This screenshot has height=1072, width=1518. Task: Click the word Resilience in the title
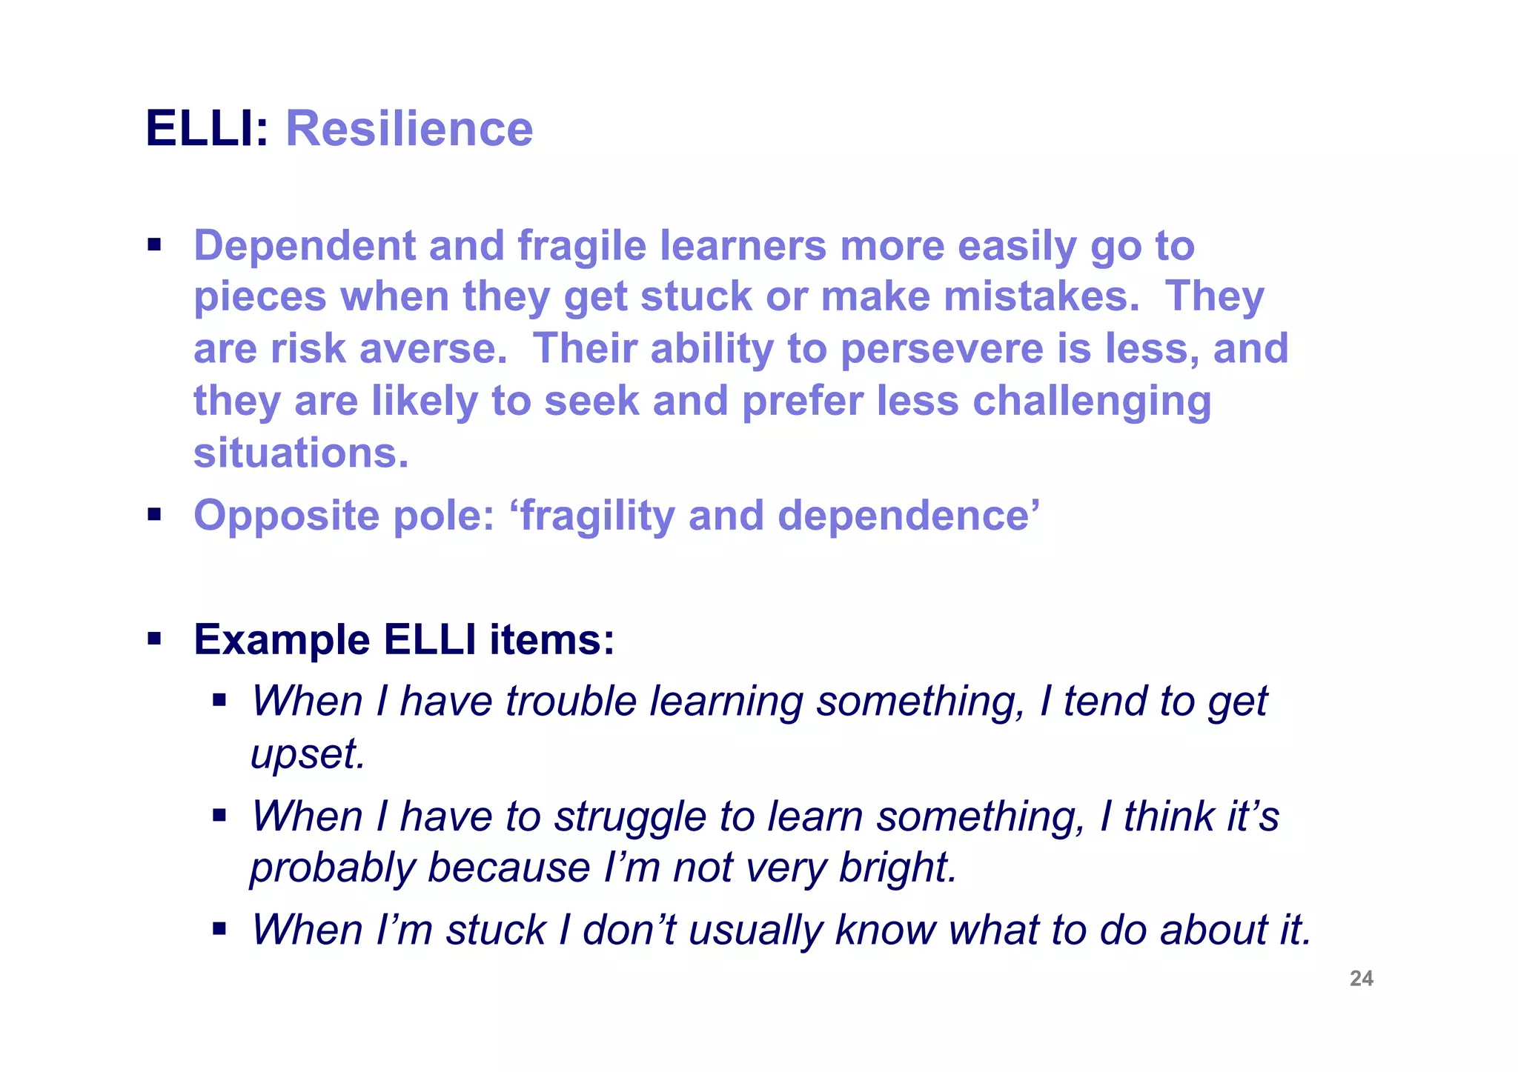[408, 129]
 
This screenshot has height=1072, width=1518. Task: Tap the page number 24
[1361, 979]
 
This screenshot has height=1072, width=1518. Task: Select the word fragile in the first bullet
[581, 246]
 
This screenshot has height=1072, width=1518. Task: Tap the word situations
[300, 453]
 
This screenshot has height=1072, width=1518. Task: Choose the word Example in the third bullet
[282, 639]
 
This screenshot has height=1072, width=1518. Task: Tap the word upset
[307, 754]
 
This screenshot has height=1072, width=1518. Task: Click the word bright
[896, 868]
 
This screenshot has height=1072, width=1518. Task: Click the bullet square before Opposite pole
[154, 514]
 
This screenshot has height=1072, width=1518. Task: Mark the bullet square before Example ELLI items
[154, 639]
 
